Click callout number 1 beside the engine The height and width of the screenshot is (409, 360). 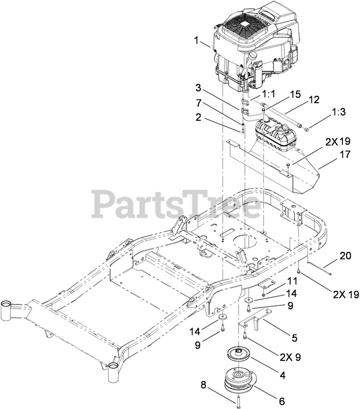(x=197, y=40)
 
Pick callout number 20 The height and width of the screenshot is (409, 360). (x=345, y=255)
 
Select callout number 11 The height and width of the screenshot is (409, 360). (x=291, y=281)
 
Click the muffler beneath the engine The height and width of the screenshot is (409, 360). (x=275, y=134)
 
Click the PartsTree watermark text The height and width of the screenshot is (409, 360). (x=176, y=204)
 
